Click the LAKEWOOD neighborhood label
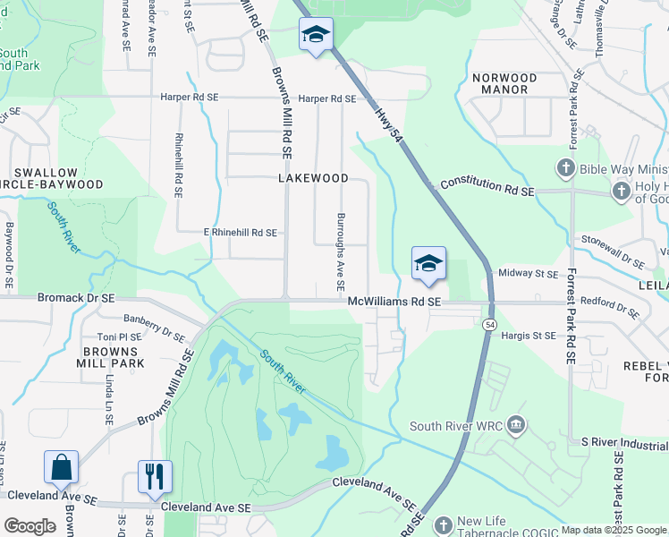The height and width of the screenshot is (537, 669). tap(313, 178)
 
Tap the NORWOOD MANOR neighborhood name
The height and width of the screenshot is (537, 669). tap(504, 84)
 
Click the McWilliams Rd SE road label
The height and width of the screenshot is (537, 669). tap(395, 303)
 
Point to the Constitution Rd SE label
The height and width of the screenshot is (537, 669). tap(487, 186)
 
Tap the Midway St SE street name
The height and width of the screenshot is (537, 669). tap(528, 273)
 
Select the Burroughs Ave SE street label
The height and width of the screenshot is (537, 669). tap(340, 251)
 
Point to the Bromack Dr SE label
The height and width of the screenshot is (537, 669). tap(76, 297)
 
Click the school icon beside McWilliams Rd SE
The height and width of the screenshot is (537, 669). tap(428, 264)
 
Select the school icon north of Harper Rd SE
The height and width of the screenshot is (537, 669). tap(315, 35)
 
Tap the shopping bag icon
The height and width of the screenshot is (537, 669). tap(61, 468)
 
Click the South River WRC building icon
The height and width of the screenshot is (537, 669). tap(515, 425)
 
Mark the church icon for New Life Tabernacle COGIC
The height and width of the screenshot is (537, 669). tap(442, 525)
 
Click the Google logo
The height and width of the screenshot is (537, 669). tap(30, 526)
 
